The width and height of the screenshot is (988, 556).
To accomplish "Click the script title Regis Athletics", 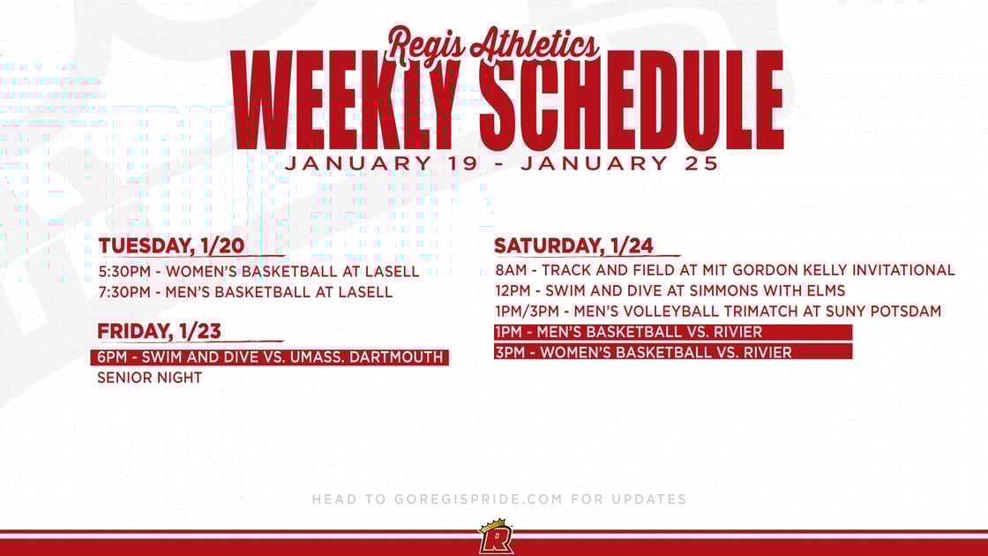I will click(x=494, y=44).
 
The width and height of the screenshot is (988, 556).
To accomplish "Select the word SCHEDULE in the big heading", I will click(x=632, y=101).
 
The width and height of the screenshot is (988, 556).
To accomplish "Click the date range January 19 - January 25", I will click(x=502, y=163).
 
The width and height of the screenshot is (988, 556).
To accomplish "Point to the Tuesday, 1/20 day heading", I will click(x=171, y=245).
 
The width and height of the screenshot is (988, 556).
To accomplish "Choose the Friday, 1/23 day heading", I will click(x=160, y=332).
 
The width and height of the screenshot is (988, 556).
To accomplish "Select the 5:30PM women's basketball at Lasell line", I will click(x=258, y=271).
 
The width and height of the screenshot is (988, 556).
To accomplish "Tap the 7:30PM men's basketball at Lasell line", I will click(x=245, y=291).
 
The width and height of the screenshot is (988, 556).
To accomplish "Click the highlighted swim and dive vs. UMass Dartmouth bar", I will click(x=270, y=357).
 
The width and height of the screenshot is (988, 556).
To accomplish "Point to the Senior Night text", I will click(x=150, y=378).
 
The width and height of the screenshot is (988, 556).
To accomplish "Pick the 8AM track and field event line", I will click(x=724, y=270).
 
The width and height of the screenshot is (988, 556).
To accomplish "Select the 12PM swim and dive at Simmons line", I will click(x=670, y=290).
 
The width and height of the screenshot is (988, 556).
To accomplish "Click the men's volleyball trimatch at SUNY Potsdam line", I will click(x=718, y=311).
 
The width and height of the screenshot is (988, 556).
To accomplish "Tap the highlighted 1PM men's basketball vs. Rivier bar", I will click(x=673, y=332).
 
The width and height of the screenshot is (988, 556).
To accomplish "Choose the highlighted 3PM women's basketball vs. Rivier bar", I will click(x=673, y=352).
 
